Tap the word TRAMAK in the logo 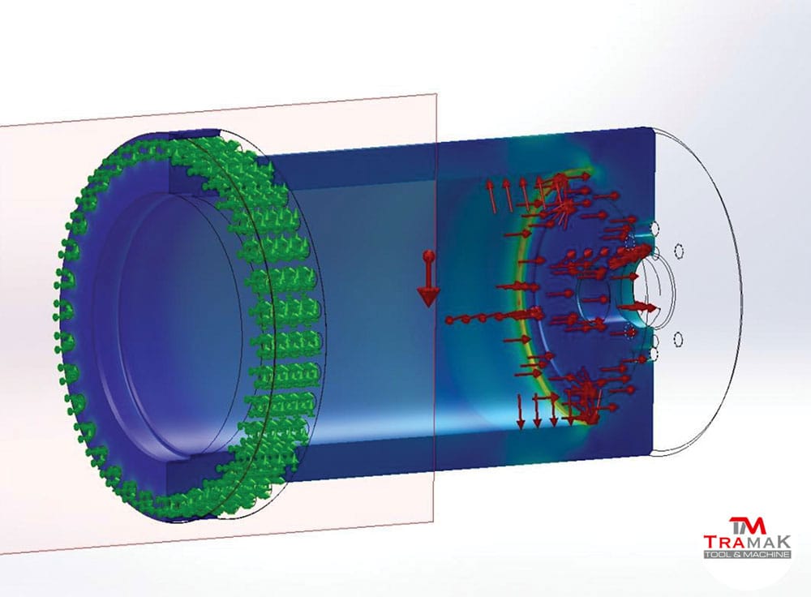(747, 542)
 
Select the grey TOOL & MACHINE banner (747, 554)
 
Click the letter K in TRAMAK (783, 542)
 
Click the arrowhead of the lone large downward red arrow (428, 296)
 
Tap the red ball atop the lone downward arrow (428, 256)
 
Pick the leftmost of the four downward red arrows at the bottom (521, 412)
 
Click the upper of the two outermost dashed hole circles (679, 251)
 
